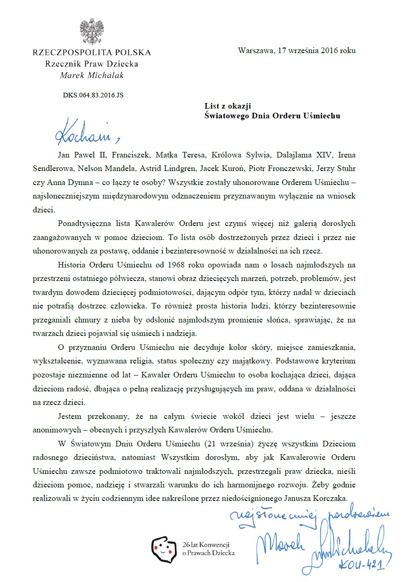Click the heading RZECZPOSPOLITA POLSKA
pos(91,52)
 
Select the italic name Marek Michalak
pos(91,75)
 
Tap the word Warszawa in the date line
pos(254,50)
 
